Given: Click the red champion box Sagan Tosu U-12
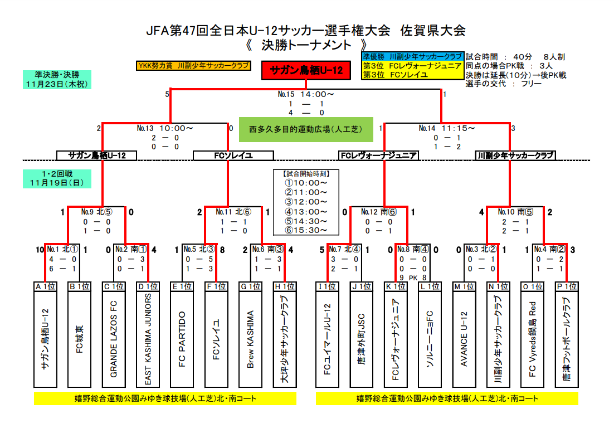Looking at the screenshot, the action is coord(306,70).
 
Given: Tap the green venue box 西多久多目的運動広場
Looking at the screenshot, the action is coord(306,129).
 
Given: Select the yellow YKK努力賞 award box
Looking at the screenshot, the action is coord(193,66).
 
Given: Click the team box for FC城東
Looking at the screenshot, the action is coord(80,339).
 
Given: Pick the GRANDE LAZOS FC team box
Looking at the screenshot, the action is coord(114,339).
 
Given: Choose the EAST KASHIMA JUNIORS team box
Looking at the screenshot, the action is coord(148,339).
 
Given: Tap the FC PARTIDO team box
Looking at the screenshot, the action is coord(182,339).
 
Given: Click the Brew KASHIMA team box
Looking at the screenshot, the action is coord(251,339).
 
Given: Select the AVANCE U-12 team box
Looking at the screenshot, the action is coord(464,339).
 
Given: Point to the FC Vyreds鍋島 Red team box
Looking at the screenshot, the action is coord(533,339).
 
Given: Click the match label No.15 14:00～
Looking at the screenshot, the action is coord(306,94).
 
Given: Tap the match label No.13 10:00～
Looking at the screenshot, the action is coord(165,128).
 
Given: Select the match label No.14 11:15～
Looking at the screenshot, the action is coord(447,128).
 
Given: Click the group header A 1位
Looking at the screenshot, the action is coord(46,286).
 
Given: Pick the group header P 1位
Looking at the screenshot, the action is coord(567,286).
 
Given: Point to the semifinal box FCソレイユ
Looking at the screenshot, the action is coord(233,156).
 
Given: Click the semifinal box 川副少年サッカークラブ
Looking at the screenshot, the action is coord(515,156).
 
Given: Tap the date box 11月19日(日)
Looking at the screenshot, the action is coord(57,179).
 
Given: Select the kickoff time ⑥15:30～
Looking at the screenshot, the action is coord(306,230).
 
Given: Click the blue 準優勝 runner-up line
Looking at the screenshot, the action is coord(412,57).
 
